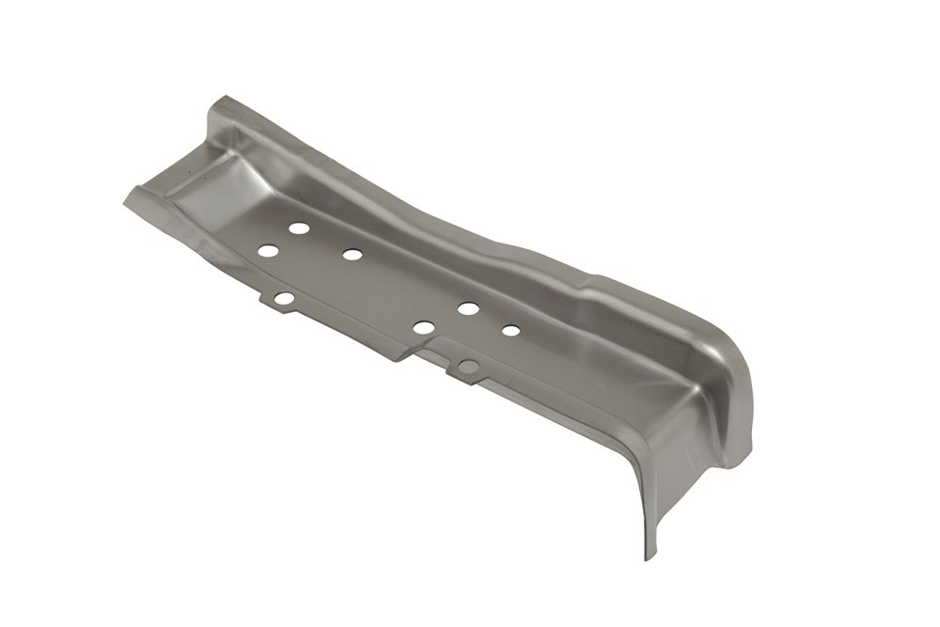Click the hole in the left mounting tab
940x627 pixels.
tap(284, 298)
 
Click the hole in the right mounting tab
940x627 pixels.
tap(468, 367)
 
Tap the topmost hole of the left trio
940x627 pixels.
tap(299, 227)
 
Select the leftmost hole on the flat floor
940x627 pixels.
tap(268, 251)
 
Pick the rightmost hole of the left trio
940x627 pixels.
tap(352, 254)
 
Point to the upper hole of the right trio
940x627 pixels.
tap(468, 307)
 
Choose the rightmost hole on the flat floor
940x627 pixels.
tap(510, 330)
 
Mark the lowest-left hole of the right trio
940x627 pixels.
tap(424, 327)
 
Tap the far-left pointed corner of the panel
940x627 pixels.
tap(124, 199)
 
